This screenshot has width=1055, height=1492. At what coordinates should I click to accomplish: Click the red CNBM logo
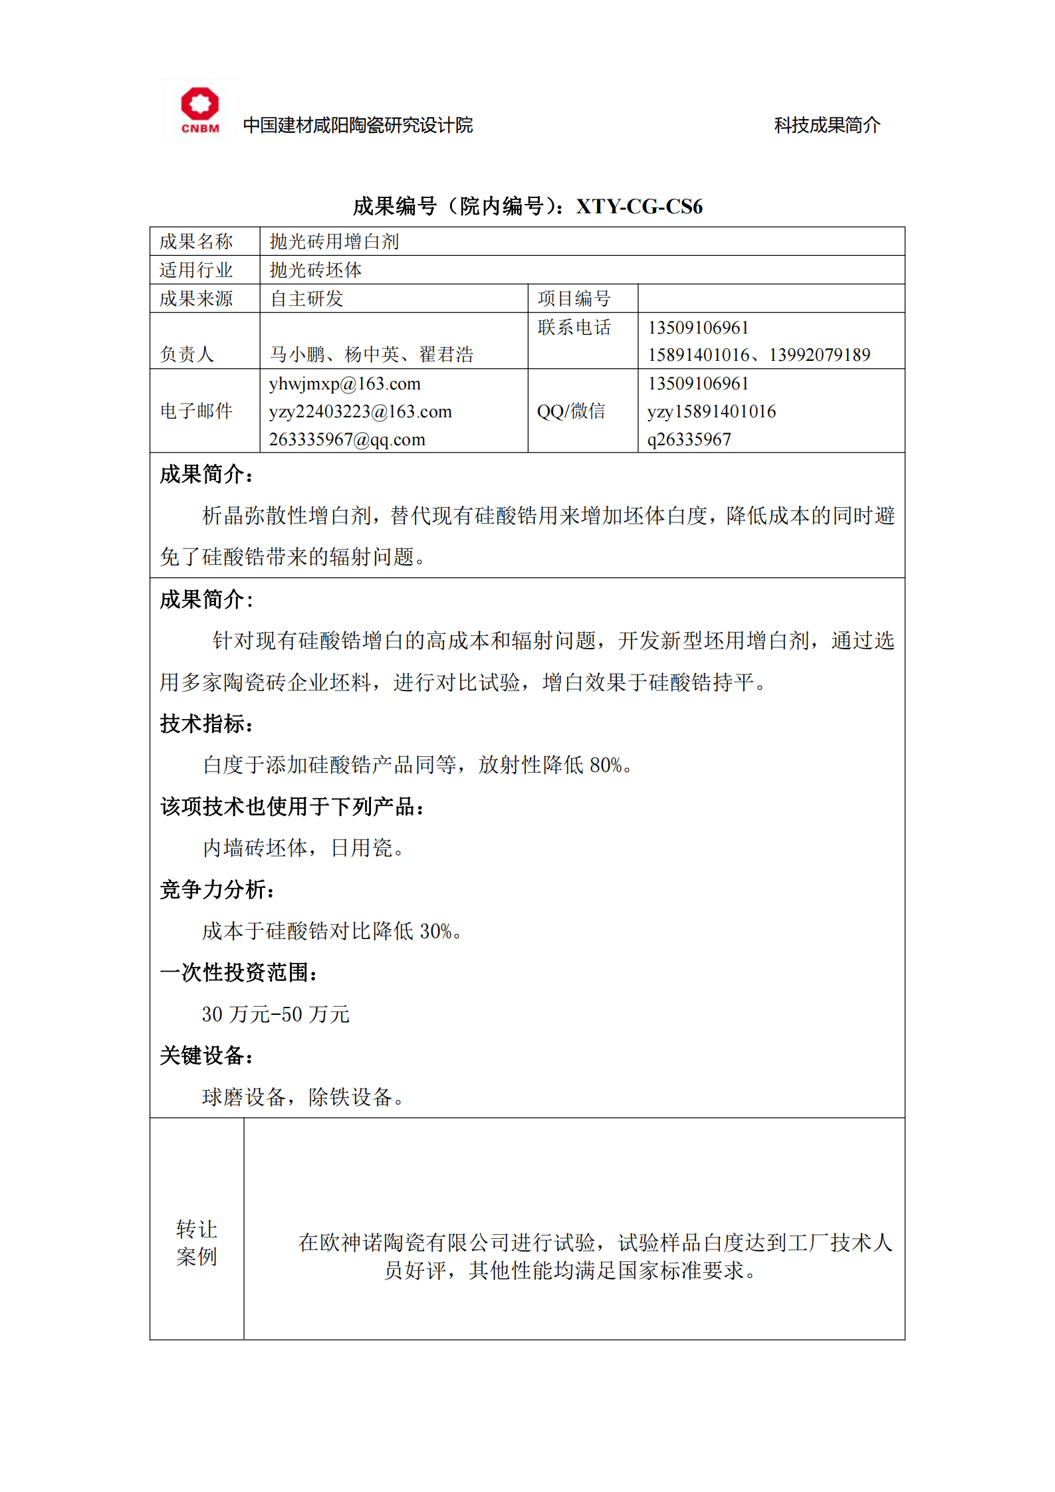tap(199, 110)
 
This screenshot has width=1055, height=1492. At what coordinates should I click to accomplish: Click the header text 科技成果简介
tap(826, 125)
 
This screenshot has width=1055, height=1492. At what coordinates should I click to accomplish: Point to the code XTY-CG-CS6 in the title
tap(639, 207)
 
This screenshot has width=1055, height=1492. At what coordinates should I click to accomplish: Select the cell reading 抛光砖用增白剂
tap(334, 242)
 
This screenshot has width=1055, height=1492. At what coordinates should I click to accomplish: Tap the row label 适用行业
tap(196, 270)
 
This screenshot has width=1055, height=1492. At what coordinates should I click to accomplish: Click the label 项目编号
tap(574, 299)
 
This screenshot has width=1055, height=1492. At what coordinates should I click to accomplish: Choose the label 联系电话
tap(574, 328)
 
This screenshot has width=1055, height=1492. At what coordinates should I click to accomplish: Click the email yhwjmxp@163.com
tap(344, 384)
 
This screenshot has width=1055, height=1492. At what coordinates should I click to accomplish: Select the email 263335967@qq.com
tap(346, 439)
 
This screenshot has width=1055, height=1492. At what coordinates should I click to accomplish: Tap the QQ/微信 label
tap(571, 411)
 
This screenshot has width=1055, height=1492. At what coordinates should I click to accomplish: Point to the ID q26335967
tap(689, 439)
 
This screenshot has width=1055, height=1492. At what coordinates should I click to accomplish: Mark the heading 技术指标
tap(206, 724)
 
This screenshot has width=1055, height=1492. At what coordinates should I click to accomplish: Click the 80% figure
tap(606, 765)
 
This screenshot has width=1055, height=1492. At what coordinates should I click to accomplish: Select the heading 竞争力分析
tap(217, 890)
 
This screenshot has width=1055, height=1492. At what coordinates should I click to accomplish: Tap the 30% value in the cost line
tap(435, 931)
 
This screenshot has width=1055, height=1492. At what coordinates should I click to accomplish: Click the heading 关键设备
tap(206, 1055)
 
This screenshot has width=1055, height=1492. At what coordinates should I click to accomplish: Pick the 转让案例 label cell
tap(197, 1242)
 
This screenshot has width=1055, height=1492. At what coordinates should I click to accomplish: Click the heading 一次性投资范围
tap(238, 973)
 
